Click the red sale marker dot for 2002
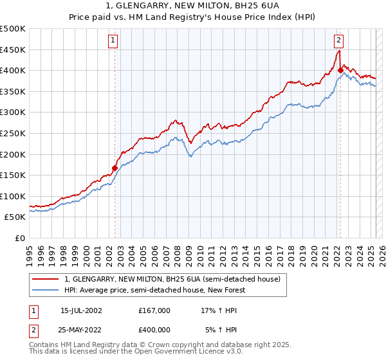click(115, 168)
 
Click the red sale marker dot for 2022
click(340, 70)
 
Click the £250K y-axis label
click(13, 133)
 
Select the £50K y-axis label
click(15, 217)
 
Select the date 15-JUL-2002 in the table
click(81, 310)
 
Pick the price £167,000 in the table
click(154, 310)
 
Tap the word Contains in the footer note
click(44, 345)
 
